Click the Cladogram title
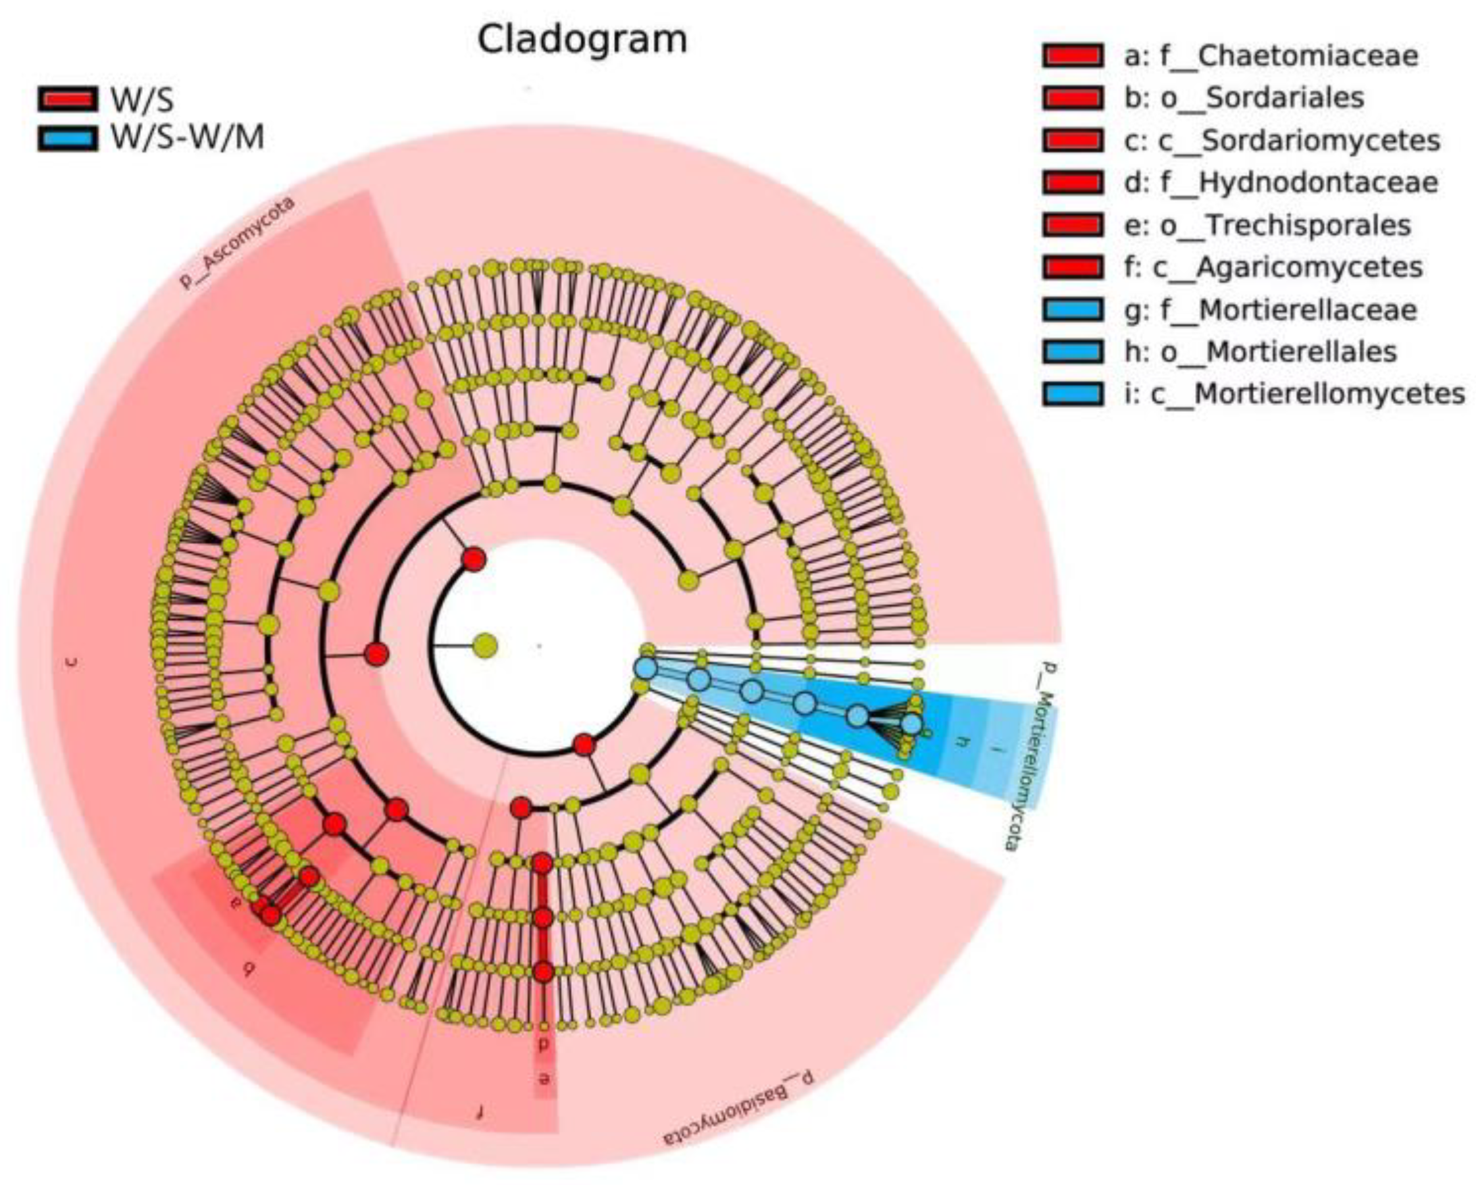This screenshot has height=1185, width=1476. click(582, 39)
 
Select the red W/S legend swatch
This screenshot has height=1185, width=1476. click(67, 99)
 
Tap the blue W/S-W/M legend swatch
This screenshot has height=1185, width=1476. click(67, 138)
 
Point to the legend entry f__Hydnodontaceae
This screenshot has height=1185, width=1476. click(1280, 183)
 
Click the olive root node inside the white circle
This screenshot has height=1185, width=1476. click(486, 645)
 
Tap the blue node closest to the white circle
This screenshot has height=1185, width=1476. click(645, 667)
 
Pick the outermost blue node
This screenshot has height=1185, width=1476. click(911, 724)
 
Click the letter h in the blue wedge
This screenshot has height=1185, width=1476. click(964, 741)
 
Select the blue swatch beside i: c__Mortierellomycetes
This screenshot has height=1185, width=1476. click(1072, 394)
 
